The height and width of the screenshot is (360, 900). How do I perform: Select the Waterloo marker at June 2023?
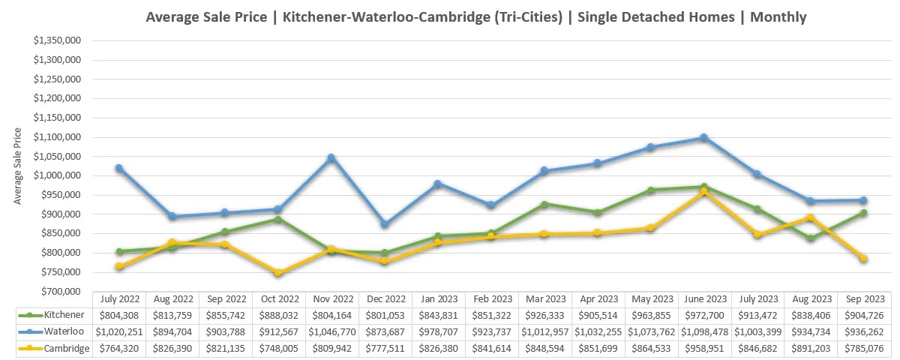coord(703,138)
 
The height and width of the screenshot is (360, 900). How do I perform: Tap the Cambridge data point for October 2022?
coord(278,273)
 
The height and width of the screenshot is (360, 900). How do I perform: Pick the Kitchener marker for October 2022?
coord(278,219)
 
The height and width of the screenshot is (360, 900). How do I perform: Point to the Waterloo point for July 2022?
coord(119,168)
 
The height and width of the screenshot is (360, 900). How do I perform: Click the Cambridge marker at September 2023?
coord(863,259)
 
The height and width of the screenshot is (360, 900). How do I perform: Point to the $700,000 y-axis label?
coord(62,291)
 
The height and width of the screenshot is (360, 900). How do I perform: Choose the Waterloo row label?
coord(56,331)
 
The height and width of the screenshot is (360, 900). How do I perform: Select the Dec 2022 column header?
coord(386,298)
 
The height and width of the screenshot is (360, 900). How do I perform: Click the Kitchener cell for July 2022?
coord(119,315)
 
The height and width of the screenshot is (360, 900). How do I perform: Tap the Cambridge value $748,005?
coord(278,348)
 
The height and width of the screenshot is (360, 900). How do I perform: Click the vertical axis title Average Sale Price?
coord(18,166)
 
